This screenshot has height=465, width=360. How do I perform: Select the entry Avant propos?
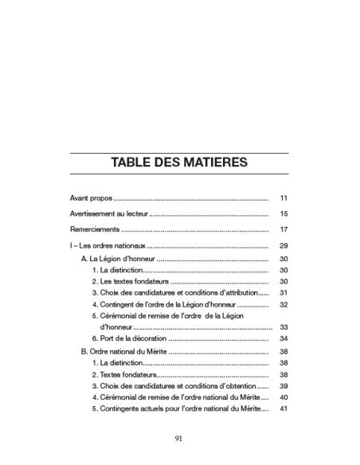pyautogui.click(x=92, y=197)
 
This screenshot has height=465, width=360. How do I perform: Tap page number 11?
pyautogui.click(x=284, y=197)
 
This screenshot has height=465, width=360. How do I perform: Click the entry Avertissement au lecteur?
pyautogui.click(x=108, y=214)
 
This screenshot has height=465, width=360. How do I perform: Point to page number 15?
pyautogui.click(x=284, y=214)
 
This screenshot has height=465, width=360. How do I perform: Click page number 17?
pyautogui.click(x=284, y=231)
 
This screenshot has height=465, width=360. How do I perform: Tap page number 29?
pyautogui.click(x=284, y=248)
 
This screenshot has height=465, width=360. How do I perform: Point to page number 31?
pyautogui.click(x=284, y=293)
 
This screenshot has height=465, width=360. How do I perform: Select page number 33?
pyautogui.click(x=284, y=327)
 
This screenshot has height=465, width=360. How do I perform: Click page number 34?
pyautogui.click(x=284, y=339)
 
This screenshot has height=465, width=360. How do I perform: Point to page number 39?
pyautogui.click(x=284, y=385)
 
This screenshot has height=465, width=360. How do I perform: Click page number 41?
pyautogui.click(x=284, y=409)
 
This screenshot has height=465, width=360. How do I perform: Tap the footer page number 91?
pyautogui.click(x=179, y=437)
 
